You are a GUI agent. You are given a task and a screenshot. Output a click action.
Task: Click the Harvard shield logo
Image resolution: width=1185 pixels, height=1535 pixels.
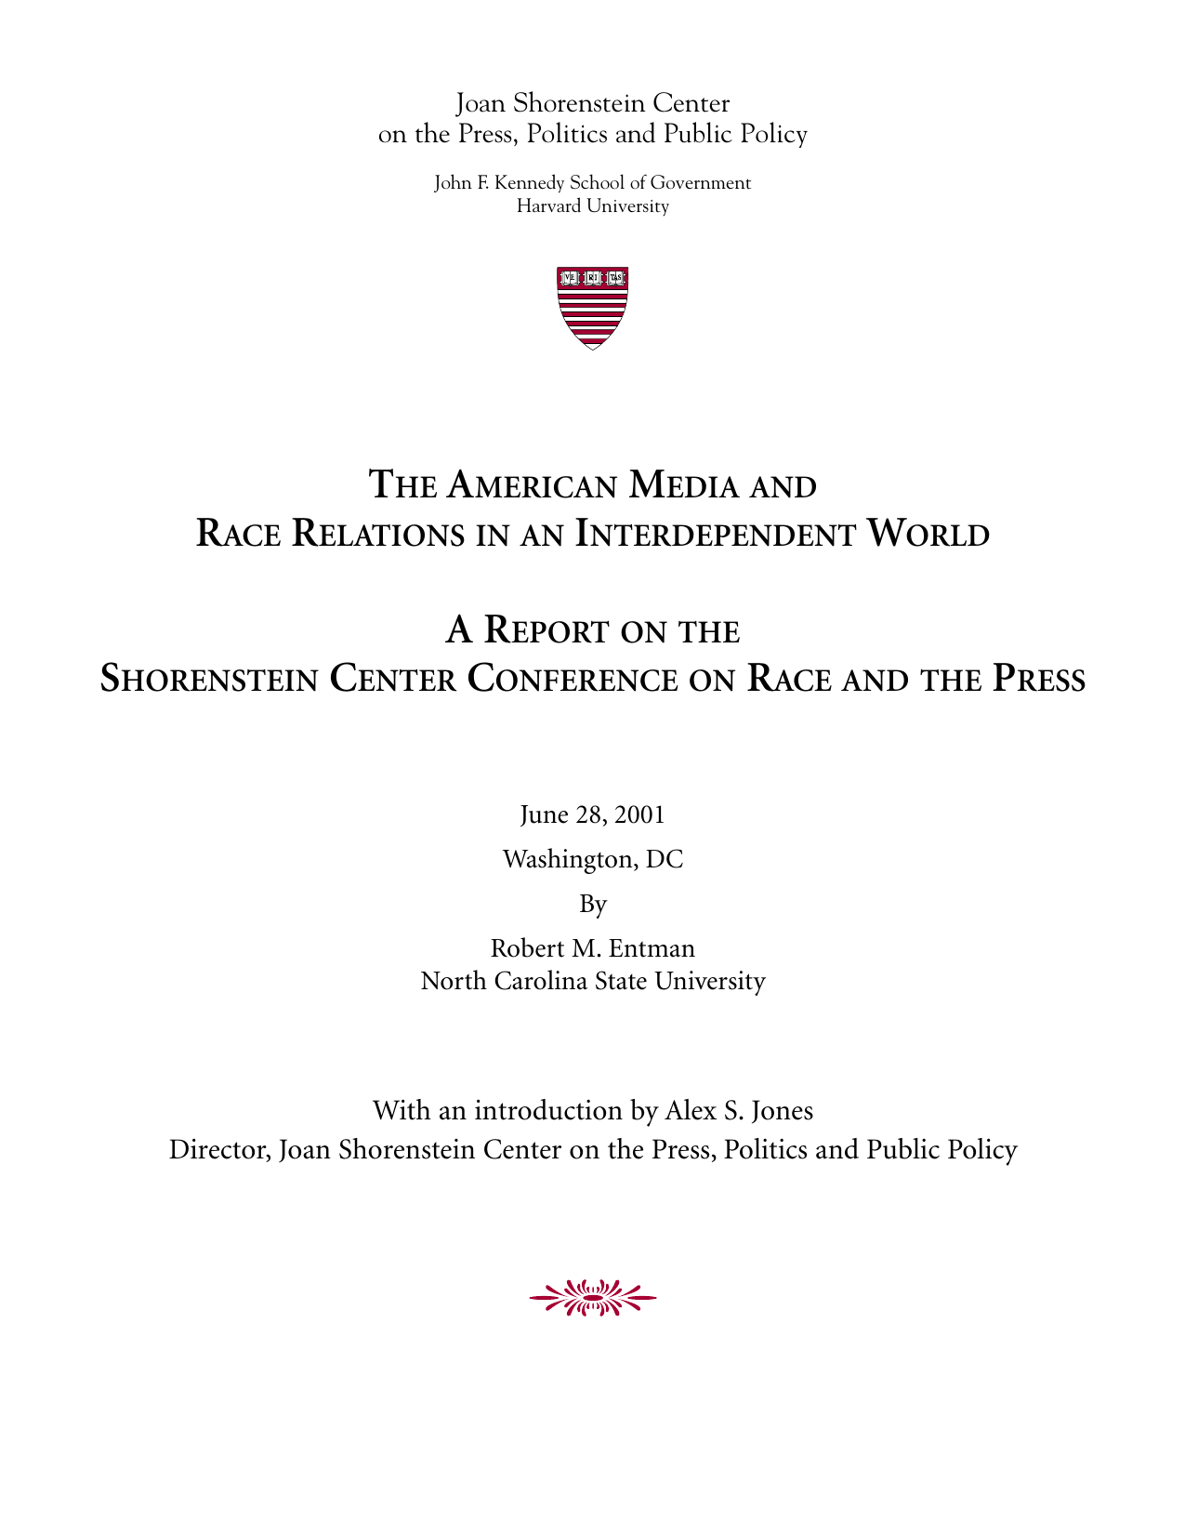[x=592, y=308]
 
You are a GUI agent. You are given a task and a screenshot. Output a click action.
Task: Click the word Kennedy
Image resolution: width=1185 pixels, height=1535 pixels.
[x=528, y=183]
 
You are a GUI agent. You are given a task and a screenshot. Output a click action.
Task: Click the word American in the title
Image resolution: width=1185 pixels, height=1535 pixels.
[x=533, y=485]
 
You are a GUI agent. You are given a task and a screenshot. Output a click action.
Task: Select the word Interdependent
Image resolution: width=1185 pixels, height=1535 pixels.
[x=715, y=535]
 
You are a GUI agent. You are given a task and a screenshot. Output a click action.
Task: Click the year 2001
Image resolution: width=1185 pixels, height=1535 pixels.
[x=639, y=815]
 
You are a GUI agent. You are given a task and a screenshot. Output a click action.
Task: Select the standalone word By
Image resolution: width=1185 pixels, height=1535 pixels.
[x=593, y=905]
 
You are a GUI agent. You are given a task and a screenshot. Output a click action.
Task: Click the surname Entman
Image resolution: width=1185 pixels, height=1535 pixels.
[x=652, y=948]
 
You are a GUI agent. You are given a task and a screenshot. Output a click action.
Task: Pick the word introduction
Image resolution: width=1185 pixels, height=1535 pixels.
[x=548, y=1111]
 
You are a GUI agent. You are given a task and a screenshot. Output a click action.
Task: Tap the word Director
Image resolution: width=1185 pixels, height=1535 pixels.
[x=220, y=1151]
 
